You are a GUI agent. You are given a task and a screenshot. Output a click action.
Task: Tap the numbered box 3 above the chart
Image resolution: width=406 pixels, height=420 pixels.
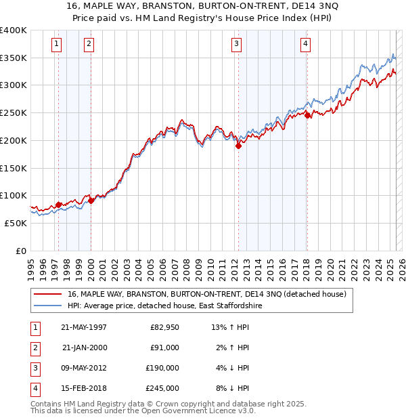(x=237, y=45)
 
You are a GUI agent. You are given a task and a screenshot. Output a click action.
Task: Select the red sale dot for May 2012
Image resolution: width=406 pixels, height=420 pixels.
(x=238, y=145)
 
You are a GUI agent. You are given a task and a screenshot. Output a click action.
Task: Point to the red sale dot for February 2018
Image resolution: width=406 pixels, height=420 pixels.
(x=307, y=116)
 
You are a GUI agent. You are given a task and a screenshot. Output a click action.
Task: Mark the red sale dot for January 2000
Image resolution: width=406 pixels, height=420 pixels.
(x=91, y=201)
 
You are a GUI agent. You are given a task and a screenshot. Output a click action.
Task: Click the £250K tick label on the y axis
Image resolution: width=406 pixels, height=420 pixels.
(x=13, y=112)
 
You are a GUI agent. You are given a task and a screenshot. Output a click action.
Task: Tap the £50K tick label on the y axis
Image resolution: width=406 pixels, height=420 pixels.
(x=16, y=222)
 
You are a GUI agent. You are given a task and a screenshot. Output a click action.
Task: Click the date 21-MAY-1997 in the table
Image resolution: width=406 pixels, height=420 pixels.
(x=84, y=327)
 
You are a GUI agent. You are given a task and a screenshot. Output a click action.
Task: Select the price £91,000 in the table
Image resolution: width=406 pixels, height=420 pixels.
(x=164, y=348)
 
